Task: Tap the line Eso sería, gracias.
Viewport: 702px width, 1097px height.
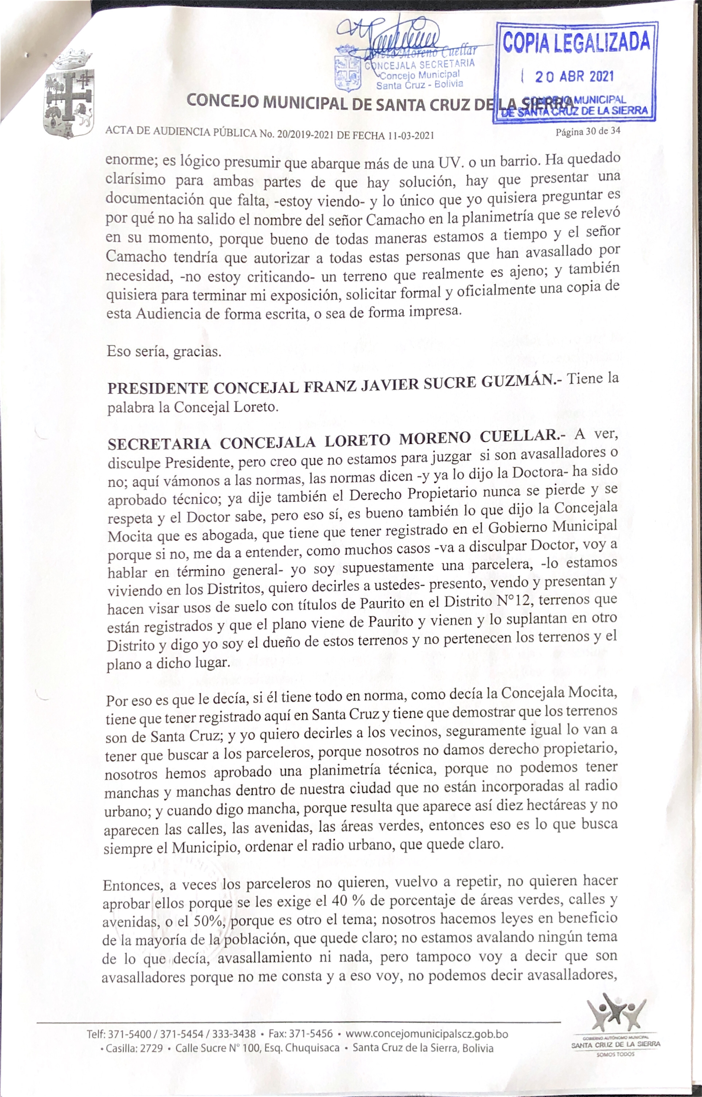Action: [x=164, y=351]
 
